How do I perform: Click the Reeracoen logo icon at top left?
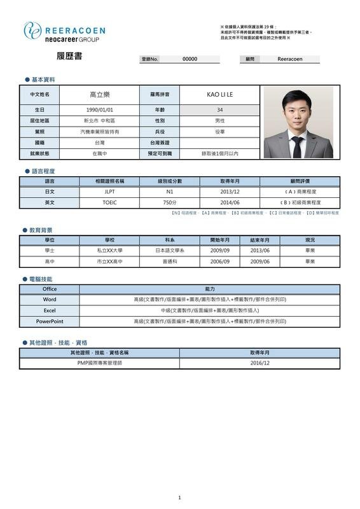point(33,31)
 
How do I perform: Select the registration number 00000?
point(190,59)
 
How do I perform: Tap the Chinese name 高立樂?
point(99,94)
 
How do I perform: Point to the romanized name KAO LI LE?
point(220,94)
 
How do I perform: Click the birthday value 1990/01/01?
point(99,109)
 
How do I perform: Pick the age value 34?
point(220,109)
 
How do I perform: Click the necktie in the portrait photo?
point(297,145)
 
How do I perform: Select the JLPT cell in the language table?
point(109,191)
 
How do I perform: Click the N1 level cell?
point(169,191)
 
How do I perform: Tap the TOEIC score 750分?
point(169,202)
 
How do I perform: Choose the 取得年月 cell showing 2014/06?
point(230,202)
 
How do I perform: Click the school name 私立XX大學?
point(109,250)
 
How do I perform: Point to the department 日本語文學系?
point(169,250)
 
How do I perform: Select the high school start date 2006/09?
point(220,261)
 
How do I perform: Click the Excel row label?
point(50,310)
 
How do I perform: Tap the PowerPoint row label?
point(50,321)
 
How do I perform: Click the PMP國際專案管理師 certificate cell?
point(99,363)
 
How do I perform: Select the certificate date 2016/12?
point(260,363)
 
